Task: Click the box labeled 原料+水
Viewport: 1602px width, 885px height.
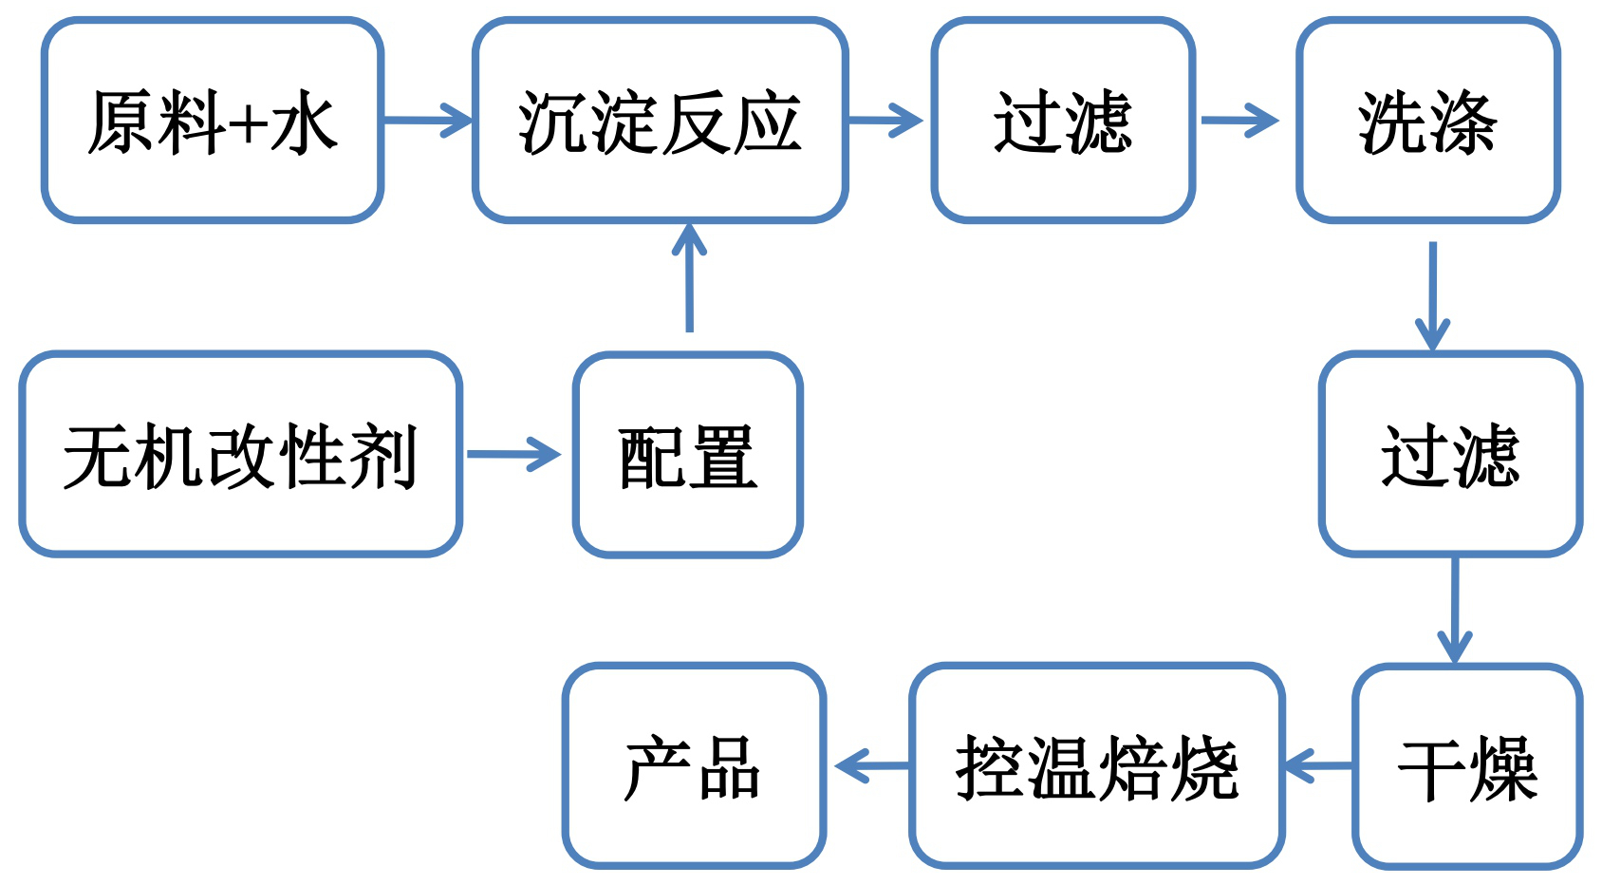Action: point(213,121)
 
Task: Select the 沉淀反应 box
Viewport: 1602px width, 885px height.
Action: point(660,121)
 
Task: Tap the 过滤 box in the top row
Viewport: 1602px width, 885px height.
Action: point(1063,121)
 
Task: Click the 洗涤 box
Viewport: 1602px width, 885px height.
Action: point(1427,121)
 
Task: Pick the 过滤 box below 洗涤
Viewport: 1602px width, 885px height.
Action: point(1450,454)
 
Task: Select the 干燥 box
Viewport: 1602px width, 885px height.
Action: point(1467,765)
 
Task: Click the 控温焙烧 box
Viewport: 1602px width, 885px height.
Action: point(1097,765)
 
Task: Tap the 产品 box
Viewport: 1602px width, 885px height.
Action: point(694,765)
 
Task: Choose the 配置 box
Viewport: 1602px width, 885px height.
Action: point(688,454)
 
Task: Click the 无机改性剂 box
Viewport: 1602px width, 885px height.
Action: point(240,454)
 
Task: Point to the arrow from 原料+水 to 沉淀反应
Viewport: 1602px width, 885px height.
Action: point(427,121)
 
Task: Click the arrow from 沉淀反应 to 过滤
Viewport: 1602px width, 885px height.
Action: point(885,121)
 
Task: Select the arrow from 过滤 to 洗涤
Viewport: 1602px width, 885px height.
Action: point(1239,121)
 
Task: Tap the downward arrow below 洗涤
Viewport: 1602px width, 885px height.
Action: point(1432,295)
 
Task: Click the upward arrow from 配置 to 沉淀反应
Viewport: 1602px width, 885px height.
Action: point(689,277)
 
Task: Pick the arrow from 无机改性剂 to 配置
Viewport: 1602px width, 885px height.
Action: point(514,454)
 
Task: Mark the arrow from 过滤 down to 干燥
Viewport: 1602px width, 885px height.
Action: point(1454,610)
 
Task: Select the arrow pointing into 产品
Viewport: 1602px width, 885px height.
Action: point(872,765)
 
